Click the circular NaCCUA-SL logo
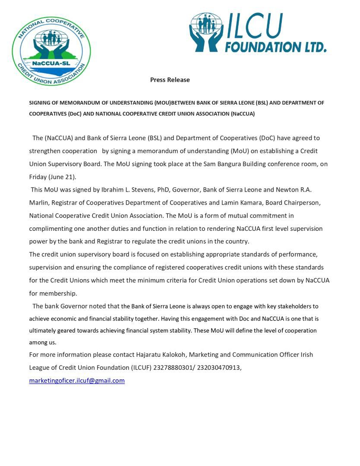[51, 50]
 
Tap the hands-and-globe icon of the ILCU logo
[206, 32]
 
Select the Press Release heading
[170, 80]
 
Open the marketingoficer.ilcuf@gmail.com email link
[77, 381]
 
